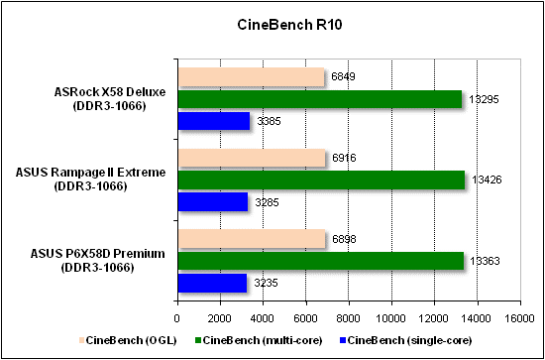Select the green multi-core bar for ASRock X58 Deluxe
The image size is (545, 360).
[319, 99]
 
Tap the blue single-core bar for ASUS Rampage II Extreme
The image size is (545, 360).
[212, 202]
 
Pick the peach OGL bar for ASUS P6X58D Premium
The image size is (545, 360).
[251, 239]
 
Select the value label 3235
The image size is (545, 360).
[264, 283]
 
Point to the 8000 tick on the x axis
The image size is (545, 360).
[349, 318]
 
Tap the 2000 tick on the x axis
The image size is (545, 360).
[219, 318]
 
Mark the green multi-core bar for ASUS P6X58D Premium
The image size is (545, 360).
[320, 261]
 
